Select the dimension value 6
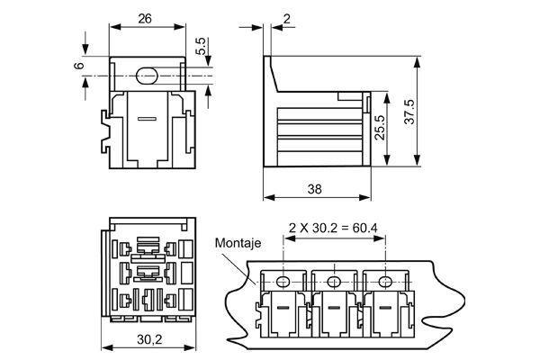[x=79, y=66]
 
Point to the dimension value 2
[x=286, y=18]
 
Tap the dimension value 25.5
[x=381, y=128]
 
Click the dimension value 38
[x=315, y=189]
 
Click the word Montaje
[x=238, y=243]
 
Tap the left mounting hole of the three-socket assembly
[x=283, y=283]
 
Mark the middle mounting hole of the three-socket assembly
[x=335, y=283]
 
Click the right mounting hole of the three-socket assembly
[x=386, y=283]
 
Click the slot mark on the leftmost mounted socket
[x=281, y=310]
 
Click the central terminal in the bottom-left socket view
[x=150, y=270]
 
